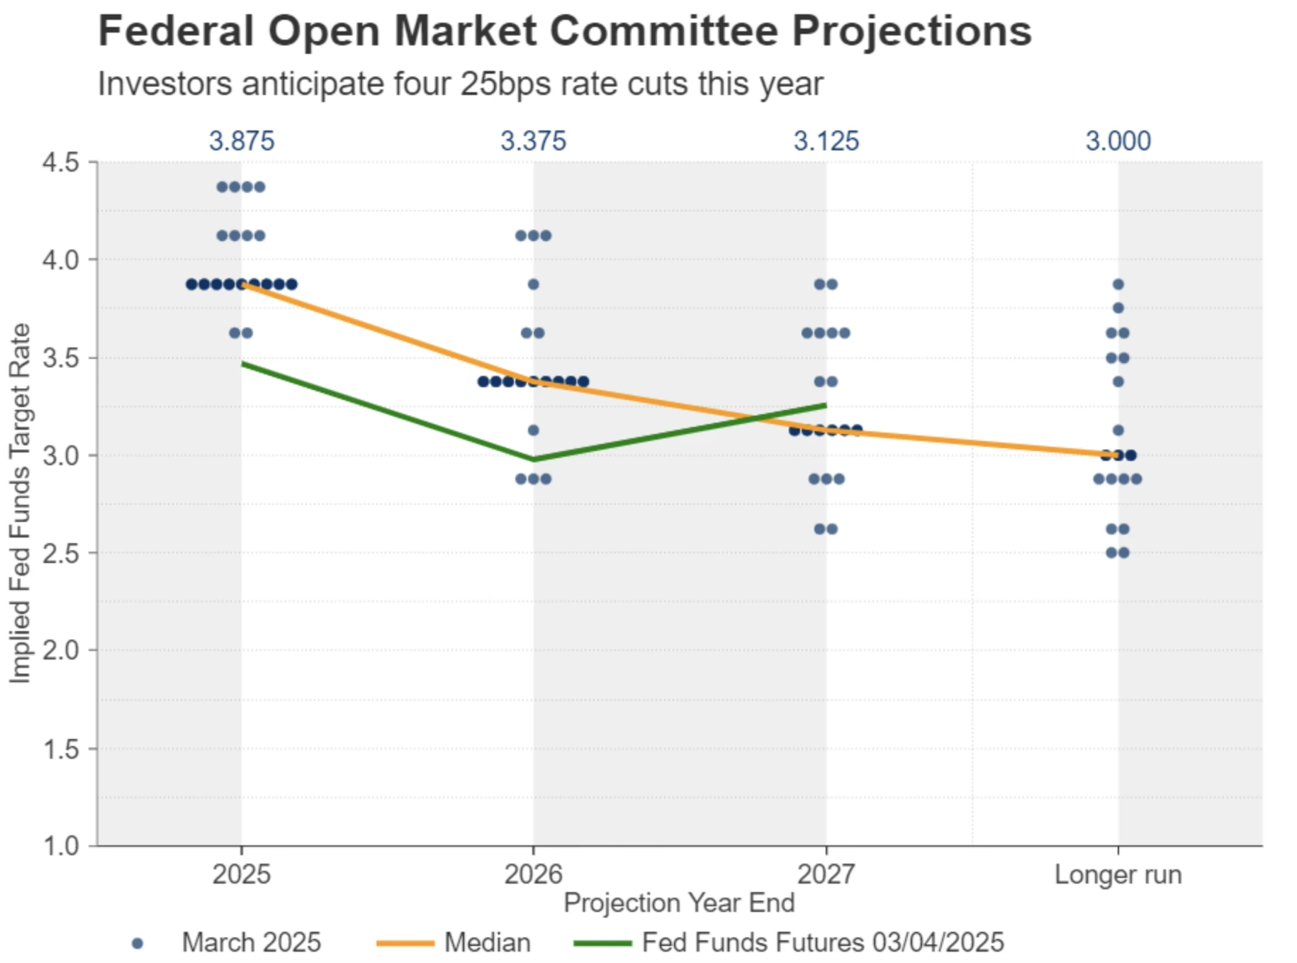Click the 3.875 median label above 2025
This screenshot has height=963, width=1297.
click(x=241, y=141)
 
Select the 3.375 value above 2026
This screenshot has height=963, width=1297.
click(x=533, y=141)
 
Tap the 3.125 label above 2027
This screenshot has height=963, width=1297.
click(x=826, y=141)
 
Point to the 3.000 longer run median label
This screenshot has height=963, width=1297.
click(x=1118, y=141)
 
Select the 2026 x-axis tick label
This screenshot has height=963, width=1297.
click(x=533, y=874)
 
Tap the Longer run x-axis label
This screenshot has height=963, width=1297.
click(x=1118, y=874)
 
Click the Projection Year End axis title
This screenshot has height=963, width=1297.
click(x=678, y=903)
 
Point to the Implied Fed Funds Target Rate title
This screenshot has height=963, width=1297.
click(x=20, y=503)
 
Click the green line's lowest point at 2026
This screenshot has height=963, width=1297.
click(x=534, y=460)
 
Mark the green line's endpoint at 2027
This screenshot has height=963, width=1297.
click(x=826, y=405)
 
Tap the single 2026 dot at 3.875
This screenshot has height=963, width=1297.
click(x=534, y=284)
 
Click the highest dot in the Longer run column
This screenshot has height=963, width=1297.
click(x=1118, y=284)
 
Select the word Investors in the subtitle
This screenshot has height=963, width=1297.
click(x=164, y=84)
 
